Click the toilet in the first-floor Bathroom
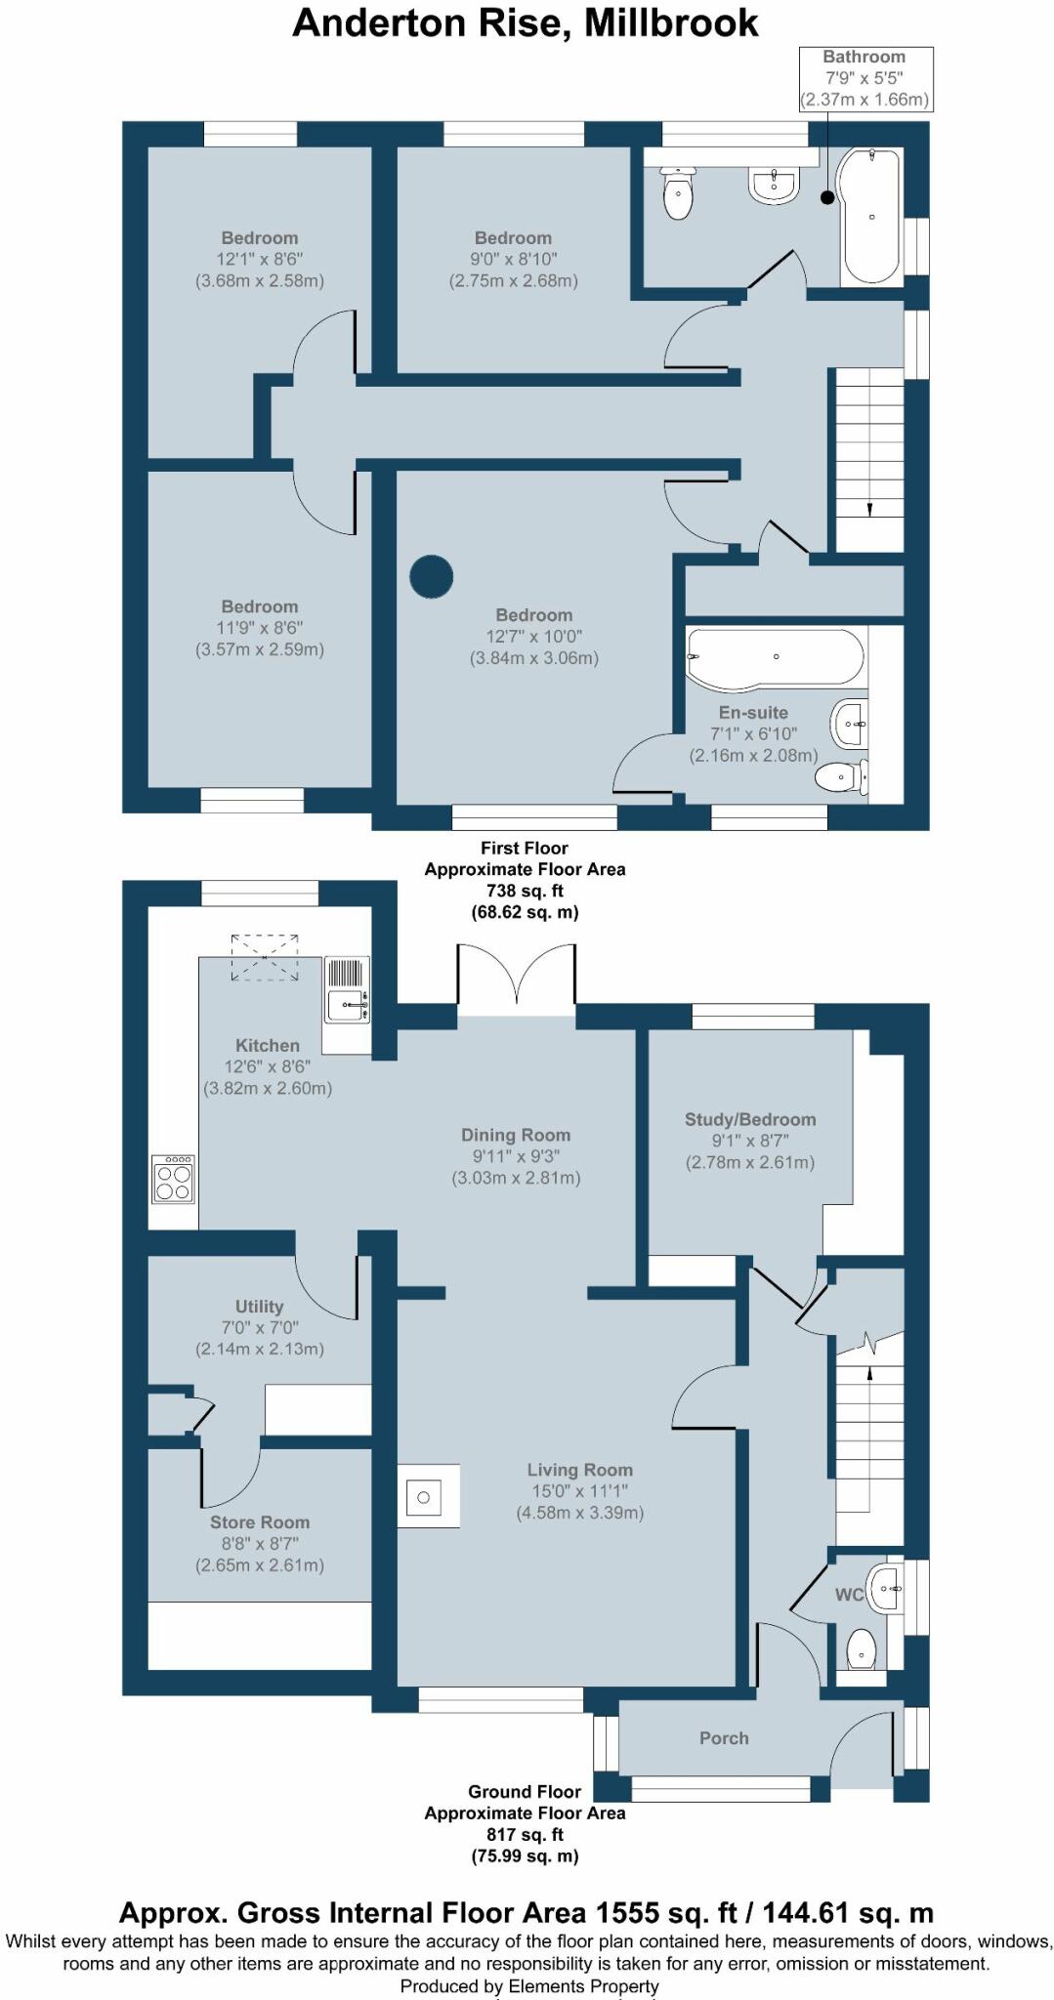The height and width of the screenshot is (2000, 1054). click(x=678, y=192)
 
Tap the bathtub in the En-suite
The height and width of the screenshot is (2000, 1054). click(x=777, y=657)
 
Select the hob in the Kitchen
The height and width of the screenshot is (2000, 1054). click(x=174, y=1179)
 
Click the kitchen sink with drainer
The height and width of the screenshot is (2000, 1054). click(x=347, y=989)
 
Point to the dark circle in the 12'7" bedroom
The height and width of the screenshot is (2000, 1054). click(x=431, y=576)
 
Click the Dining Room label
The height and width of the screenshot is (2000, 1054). click(x=516, y=1135)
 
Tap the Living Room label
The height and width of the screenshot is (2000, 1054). click(x=580, y=1470)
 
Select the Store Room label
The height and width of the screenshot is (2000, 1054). click(x=260, y=1522)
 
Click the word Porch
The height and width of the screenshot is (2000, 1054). click(x=724, y=1738)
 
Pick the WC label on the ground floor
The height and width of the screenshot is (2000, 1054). click(x=849, y=1595)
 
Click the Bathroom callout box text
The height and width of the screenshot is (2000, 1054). click(x=864, y=78)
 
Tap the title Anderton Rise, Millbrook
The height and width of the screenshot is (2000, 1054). click(x=526, y=22)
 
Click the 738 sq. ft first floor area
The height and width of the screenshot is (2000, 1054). click(x=526, y=891)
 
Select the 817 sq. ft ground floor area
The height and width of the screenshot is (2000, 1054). click(x=526, y=1834)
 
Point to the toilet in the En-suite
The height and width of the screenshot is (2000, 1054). click(x=841, y=777)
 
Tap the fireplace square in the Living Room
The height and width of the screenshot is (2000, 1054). click(x=428, y=1496)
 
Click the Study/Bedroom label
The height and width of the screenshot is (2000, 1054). click(x=750, y=1119)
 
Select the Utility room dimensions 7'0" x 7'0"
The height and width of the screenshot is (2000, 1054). click(x=260, y=1328)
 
